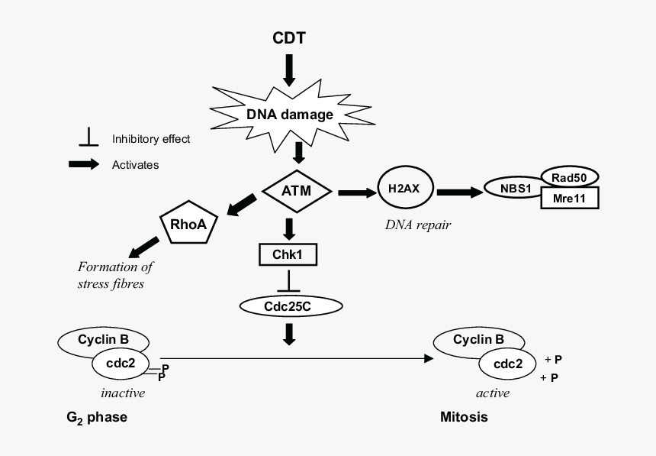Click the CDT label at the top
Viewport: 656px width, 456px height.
289,37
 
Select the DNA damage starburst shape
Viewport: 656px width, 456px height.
289,115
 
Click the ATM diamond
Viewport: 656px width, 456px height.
295,190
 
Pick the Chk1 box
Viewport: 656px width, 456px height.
288,255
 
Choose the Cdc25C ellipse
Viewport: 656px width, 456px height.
291,306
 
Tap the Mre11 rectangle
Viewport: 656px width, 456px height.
569,198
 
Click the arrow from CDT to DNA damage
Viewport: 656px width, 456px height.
289,70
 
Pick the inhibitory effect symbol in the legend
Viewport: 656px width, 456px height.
88,138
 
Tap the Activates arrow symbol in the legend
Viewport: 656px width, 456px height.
84,164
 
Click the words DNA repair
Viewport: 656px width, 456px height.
417,225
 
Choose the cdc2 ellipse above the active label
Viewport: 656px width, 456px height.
507,364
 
